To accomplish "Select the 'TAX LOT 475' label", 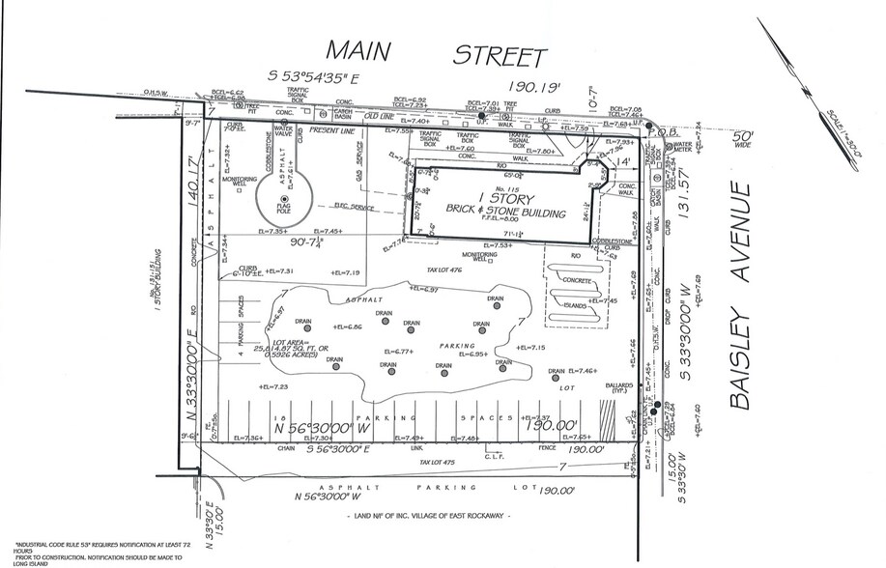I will tap(438, 464).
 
